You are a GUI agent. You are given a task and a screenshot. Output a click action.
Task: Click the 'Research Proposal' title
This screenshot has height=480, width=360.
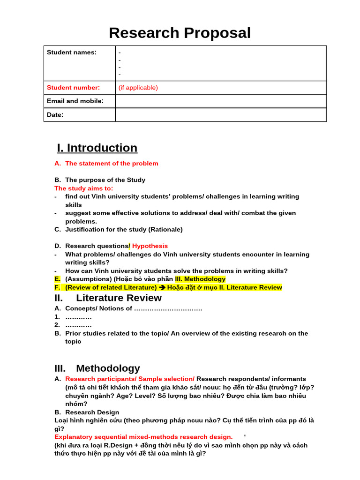point(180,33)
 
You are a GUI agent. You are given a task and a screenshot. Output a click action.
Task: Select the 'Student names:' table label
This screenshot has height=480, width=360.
point(72,52)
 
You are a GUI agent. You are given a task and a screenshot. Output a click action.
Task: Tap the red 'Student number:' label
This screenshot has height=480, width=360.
point(73,88)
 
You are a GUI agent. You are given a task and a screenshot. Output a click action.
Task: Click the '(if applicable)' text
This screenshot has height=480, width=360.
point(138,88)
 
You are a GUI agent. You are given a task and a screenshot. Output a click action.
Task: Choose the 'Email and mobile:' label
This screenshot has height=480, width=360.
point(75,101)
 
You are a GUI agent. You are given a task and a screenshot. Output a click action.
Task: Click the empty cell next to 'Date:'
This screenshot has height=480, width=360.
point(220,115)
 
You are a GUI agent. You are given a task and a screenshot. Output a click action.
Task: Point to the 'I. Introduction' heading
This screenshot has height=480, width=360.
point(97,148)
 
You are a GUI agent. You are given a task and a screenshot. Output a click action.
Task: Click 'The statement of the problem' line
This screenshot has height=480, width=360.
point(112,164)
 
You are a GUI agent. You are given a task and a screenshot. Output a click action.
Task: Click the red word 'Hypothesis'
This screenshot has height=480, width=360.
point(150,246)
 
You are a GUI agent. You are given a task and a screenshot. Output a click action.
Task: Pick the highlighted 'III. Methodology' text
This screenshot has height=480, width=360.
point(200,279)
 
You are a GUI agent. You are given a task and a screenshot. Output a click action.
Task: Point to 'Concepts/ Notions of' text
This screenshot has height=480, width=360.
point(98,308)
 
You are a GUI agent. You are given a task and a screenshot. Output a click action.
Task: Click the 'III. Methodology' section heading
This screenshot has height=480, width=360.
point(97,368)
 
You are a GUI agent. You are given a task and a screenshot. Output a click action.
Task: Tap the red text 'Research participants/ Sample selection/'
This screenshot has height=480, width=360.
point(130,379)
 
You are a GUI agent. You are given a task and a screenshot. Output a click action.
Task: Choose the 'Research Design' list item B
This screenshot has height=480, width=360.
point(92,412)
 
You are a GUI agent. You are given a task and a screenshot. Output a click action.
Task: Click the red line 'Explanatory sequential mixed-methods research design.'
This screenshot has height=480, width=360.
point(143,437)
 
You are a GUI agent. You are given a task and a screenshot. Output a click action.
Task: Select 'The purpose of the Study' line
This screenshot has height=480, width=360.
point(105,180)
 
